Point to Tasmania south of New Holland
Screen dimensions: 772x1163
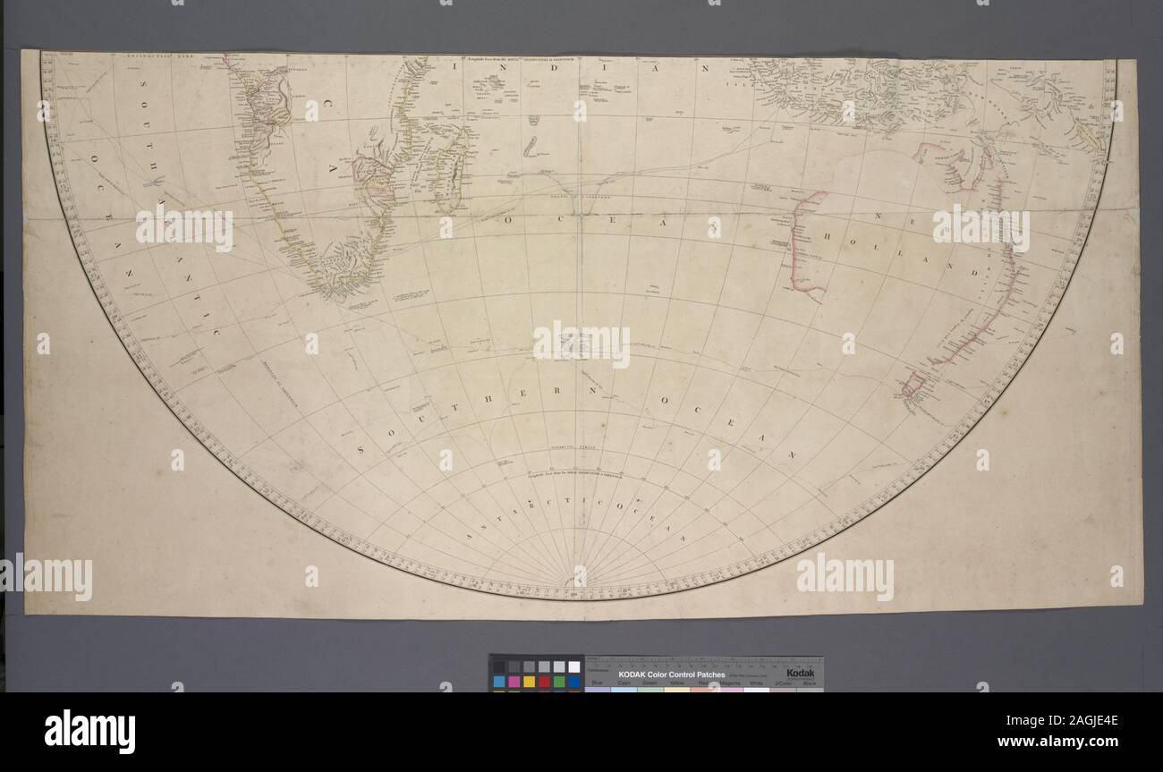click(913, 387)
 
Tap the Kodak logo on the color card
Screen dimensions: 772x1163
click(800, 672)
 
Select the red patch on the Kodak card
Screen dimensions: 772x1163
click(545, 682)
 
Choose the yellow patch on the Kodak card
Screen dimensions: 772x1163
click(529, 682)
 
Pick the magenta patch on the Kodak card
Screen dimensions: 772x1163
click(514, 682)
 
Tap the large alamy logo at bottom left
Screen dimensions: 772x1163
click(89, 731)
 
